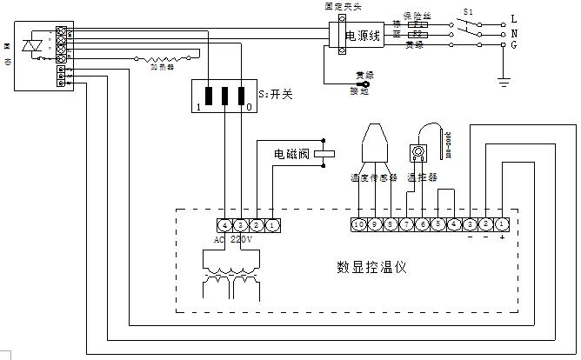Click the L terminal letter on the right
point(514,17)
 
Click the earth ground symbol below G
point(502,82)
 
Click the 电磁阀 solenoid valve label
point(291,155)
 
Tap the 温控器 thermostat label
point(421,177)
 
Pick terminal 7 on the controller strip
point(408,225)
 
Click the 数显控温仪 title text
point(371,266)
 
